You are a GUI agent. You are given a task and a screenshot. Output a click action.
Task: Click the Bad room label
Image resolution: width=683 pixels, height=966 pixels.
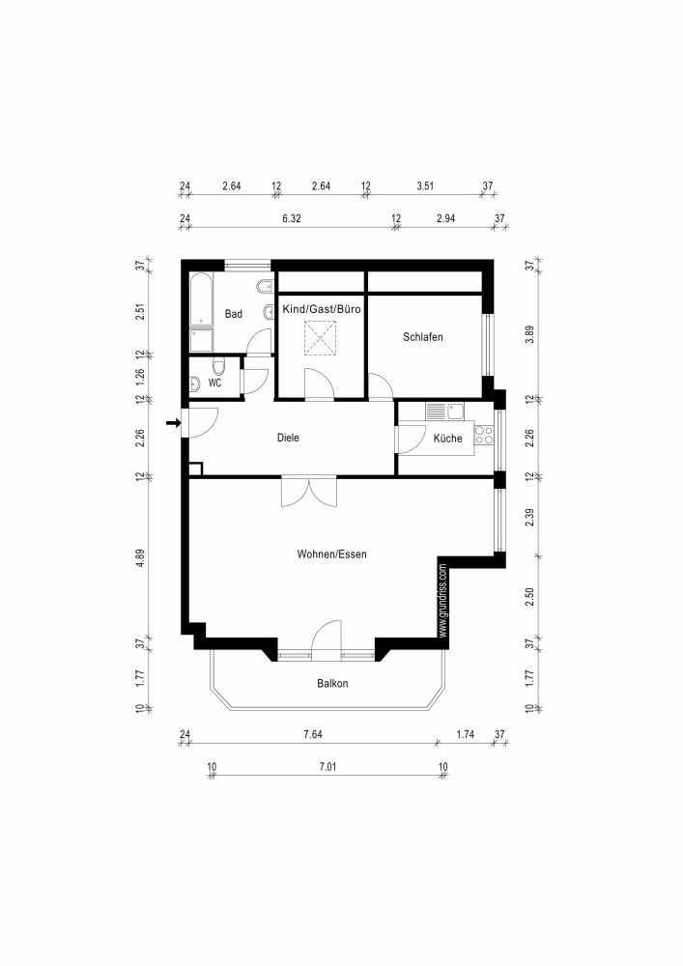pyautogui.click(x=233, y=314)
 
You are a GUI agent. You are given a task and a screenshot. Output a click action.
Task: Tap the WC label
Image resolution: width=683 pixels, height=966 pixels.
pyautogui.click(x=214, y=383)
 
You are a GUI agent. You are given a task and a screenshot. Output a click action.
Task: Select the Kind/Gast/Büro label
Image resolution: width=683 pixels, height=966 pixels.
pyautogui.click(x=322, y=309)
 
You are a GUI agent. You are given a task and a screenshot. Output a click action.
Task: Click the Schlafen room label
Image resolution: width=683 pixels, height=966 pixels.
pyautogui.click(x=423, y=337)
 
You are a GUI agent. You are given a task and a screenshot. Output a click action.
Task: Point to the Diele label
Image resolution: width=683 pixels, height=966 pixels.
pyautogui.click(x=288, y=438)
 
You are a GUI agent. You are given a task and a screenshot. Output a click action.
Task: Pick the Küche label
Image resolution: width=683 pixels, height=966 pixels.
pyautogui.click(x=447, y=439)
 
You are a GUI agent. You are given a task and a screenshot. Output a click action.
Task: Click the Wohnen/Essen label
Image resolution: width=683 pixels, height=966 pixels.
pyautogui.click(x=331, y=554)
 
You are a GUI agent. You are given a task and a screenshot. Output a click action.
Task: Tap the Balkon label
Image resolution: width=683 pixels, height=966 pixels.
pyautogui.click(x=331, y=684)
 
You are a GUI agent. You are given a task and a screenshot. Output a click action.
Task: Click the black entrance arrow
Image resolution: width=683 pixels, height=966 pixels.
pyautogui.click(x=173, y=422)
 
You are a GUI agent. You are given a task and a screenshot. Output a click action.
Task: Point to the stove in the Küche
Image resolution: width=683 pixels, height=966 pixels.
pyautogui.click(x=484, y=436)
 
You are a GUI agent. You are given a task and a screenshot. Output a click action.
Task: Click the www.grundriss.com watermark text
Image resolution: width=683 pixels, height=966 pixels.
pyautogui.click(x=442, y=599)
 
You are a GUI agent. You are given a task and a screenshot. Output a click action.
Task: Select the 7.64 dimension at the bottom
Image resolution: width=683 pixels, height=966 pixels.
pyautogui.click(x=312, y=735)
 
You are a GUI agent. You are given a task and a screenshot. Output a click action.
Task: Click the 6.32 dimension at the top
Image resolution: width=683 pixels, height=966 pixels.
pyautogui.click(x=292, y=219)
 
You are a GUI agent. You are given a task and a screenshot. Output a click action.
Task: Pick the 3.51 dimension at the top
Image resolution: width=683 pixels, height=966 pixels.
pyautogui.click(x=425, y=185)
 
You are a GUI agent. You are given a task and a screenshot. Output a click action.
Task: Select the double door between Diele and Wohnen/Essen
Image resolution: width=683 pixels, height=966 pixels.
pyautogui.click(x=309, y=491)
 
